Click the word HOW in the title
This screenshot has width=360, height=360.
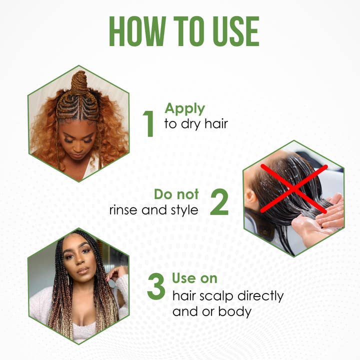[x=137, y=31]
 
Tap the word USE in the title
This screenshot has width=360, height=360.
[x=236, y=31]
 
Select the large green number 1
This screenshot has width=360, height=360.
[x=149, y=124]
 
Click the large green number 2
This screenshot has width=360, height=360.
[x=219, y=202]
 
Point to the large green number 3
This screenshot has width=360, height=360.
[x=156, y=286]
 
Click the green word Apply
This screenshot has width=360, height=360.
[x=185, y=109]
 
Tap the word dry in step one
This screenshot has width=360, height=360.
[x=190, y=124]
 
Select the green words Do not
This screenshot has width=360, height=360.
[x=176, y=194]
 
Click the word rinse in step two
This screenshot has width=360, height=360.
[x=124, y=210]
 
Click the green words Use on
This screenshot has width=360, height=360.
[x=194, y=278]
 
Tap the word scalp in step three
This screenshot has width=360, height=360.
[x=216, y=296]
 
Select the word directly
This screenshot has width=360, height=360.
[x=260, y=296]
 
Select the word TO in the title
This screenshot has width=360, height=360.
[x=189, y=31]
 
